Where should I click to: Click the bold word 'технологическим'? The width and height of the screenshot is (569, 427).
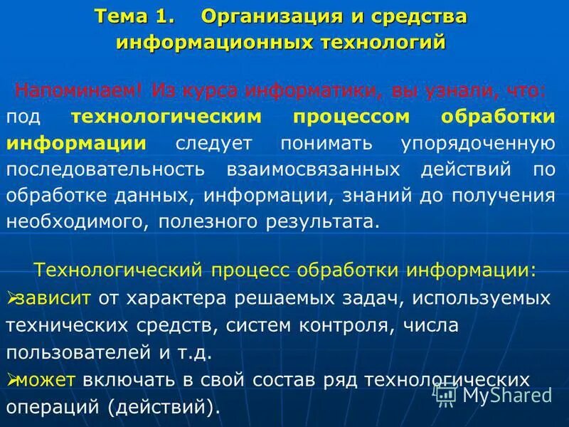167,117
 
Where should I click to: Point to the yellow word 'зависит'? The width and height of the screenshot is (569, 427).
53,297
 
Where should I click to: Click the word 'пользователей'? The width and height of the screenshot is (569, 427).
85,352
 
